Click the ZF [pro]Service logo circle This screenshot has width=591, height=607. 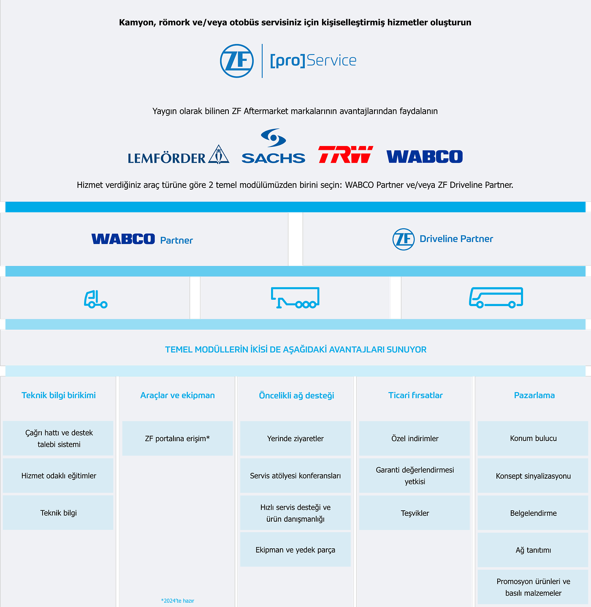(x=237, y=61)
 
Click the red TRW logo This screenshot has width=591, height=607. (x=345, y=154)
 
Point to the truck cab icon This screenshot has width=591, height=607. (x=95, y=299)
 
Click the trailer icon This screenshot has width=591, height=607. (x=295, y=298)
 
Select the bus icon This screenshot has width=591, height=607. (x=496, y=298)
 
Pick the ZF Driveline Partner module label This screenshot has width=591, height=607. (x=443, y=239)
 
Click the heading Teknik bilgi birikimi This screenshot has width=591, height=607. (x=59, y=396)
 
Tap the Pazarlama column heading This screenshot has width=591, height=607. (x=534, y=396)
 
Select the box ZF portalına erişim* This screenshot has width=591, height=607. (x=177, y=439)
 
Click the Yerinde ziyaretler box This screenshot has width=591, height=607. (x=295, y=439)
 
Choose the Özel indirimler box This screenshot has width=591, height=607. (x=415, y=439)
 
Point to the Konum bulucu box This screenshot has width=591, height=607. (x=533, y=439)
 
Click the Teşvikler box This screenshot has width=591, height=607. (x=415, y=513)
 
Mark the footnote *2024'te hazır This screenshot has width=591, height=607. (x=177, y=601)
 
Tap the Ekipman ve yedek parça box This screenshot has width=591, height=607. (x=295, y=550)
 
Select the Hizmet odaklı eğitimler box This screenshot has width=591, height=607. (x=59, y=476)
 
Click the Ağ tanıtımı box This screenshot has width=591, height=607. (x=533, y=550)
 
